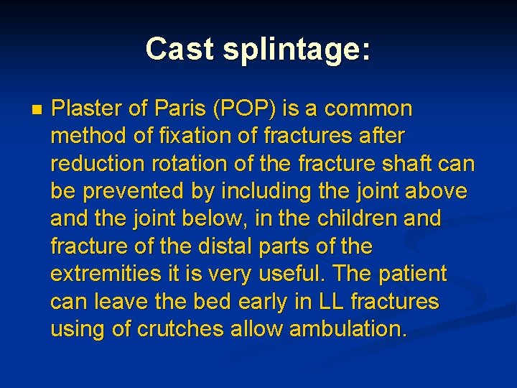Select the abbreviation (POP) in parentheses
245,108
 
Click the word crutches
177,329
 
